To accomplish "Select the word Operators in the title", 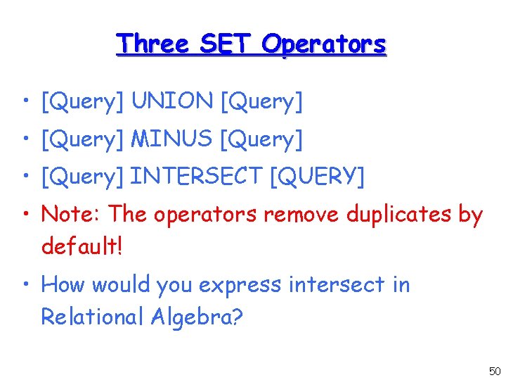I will tap(324, 44).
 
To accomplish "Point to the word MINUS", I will tap(172, 139).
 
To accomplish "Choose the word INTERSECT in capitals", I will tap(197, 177).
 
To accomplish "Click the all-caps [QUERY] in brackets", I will tap(317, 177).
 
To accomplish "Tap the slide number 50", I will tap(494, 371).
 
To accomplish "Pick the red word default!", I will tap(82, 246).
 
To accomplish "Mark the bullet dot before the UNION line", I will tap(26, 103).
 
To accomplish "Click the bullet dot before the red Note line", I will tap(26, 215).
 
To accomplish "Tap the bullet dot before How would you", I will tap(26, 286).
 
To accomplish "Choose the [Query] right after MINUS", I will tap(261, 139).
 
